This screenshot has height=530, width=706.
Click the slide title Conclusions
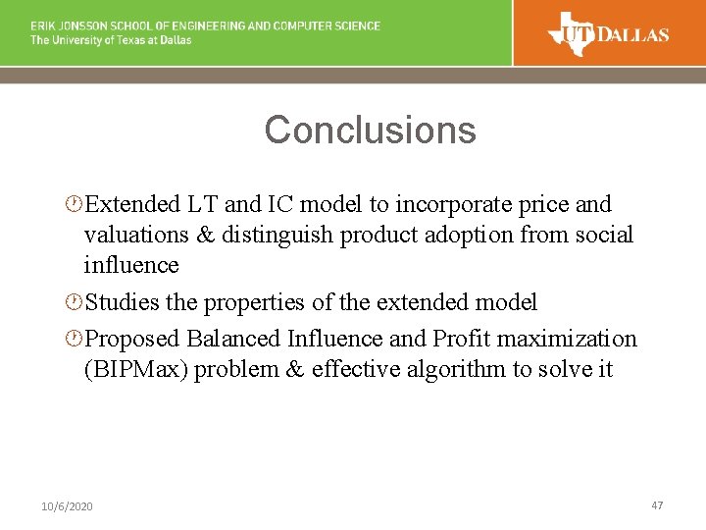tap(370, 131)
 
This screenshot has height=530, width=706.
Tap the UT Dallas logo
tap(609, 33)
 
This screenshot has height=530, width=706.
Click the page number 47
tap(657, 504)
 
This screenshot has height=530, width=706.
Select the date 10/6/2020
tap(68, 506)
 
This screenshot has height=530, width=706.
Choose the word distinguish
tap(277, 236)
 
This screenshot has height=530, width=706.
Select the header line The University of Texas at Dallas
tap(111, 40)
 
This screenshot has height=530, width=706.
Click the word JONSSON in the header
tap(88, 26)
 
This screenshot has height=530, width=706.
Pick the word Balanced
tap(233, 340)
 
